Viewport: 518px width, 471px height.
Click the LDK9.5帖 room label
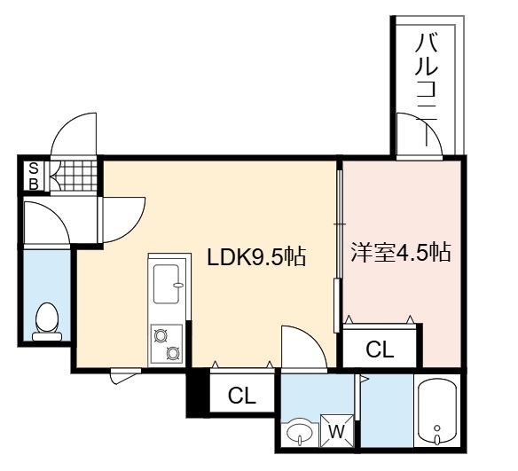pos(256,256)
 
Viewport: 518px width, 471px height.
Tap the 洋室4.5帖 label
pos(401,253)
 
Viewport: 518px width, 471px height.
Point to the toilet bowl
pos(47,321)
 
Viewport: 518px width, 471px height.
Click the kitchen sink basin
pos(167,284)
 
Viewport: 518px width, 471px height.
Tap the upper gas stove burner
pos(161,336)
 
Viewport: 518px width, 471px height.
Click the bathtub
pos(437,411)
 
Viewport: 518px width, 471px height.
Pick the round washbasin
pos(300,432)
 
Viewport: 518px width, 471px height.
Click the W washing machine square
pos(336,431)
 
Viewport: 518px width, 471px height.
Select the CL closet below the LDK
pos(242,395)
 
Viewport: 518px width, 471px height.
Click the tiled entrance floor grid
pos(75,175)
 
